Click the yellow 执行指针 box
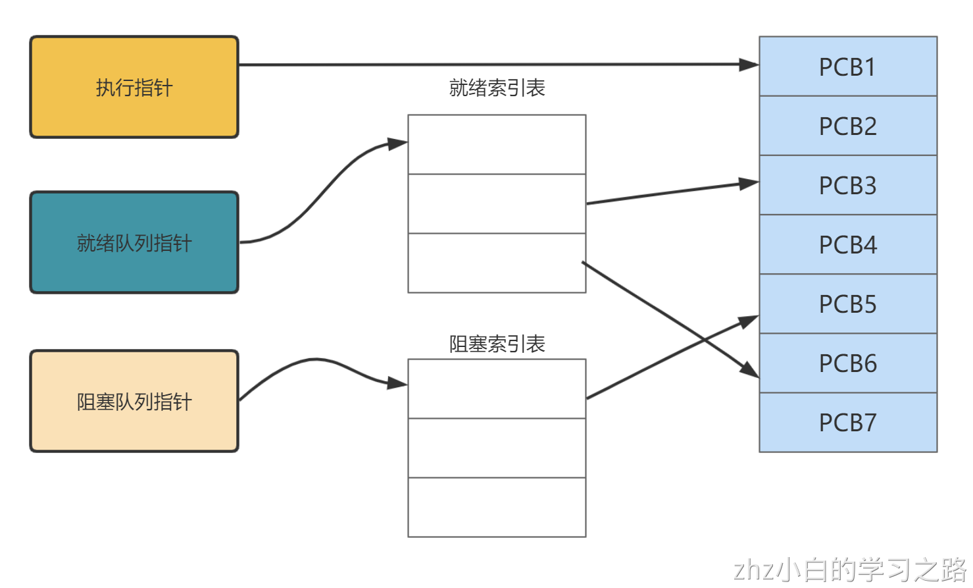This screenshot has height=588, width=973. click(x=134, y=87)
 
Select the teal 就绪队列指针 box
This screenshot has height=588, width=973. click(x=134, y=242)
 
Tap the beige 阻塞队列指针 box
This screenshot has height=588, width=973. click(x=134, y=401)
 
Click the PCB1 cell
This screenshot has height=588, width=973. click(x=847, y=67)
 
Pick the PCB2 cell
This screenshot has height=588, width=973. click(x=847, y=126)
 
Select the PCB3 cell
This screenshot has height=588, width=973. click(x=847, y=185)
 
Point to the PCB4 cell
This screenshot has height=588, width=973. click(x=847, y=244)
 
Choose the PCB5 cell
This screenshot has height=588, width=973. click(x=847, y=304)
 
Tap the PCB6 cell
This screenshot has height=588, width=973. click(x=847, y=363)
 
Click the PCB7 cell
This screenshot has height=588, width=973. click(x=847, y=422)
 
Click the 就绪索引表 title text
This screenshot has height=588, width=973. click(x=497, y=88)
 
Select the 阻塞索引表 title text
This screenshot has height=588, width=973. click(x=497, y=344)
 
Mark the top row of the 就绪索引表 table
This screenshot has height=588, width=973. click(x=497, y=144)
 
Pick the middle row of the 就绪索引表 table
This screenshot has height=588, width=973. click(x=497, y=203)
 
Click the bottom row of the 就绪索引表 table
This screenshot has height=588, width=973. click(x=497, y=263)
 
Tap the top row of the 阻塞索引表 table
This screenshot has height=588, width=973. click(x=497, y=388)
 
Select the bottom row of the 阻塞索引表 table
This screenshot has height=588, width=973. click(x=497, y=507)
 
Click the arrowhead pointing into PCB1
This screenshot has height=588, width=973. click(x=749, y=65)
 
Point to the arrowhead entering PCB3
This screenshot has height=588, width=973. click(x=749, y=184)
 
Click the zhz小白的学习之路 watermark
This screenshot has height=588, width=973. click(x=849, y=570)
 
